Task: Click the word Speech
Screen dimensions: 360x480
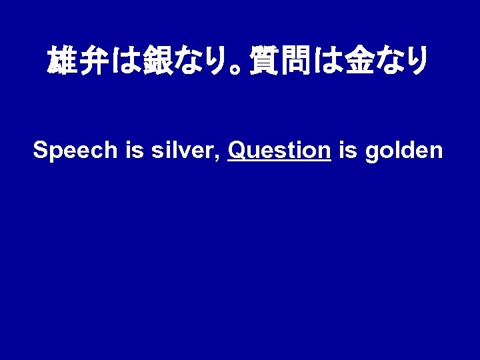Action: coord(75,151)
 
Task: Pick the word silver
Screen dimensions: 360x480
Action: coord(182,151)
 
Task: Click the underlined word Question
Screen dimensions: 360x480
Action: coord(279,151)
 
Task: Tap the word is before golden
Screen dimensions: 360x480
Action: coord(347,151)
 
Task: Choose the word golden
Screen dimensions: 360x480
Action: coord(403,151)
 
